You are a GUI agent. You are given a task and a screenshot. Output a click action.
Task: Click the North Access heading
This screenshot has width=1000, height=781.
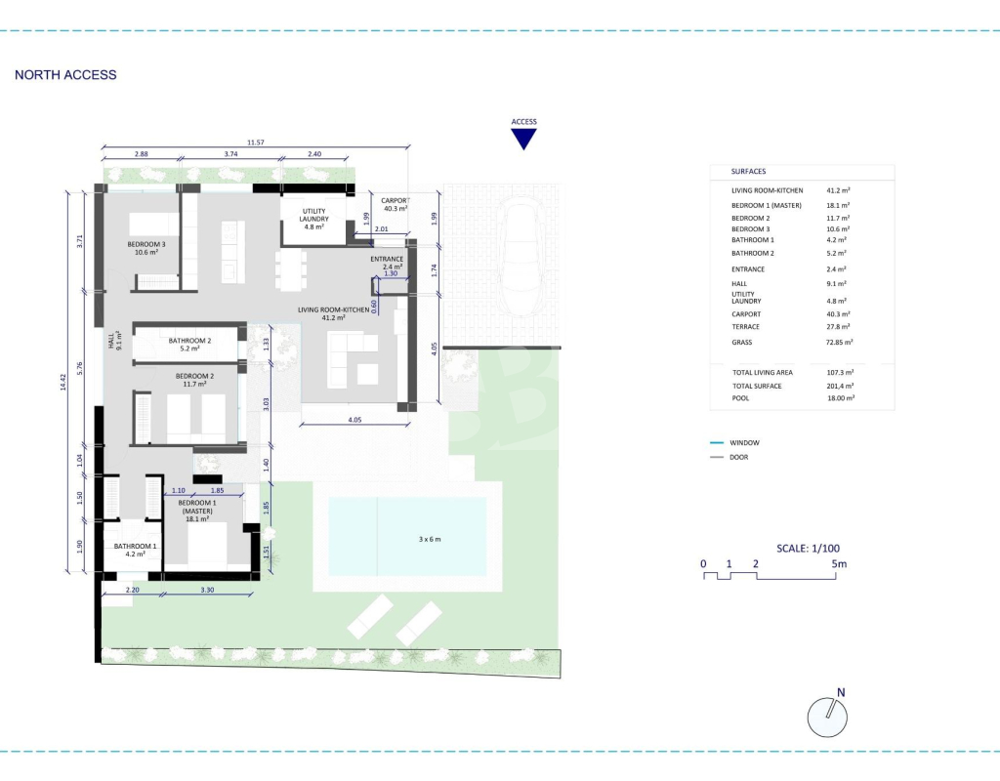pyautogui.click(x=65, y=74)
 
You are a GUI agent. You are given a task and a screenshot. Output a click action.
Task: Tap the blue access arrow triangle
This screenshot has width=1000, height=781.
pyautogui.click(x=523, y=138)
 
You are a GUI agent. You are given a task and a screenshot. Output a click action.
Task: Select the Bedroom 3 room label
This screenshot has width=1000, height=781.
pyautogui.click(x=146, y=248)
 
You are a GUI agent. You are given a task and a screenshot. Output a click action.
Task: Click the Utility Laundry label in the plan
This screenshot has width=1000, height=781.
pyautogui.click(x=313, y=219)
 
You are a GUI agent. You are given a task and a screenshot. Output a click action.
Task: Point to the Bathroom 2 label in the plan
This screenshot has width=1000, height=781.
pyautogui.click(x=189, y=345)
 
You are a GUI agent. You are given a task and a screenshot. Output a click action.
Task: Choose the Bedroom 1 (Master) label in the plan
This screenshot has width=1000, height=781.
pyautogui.click(x=197, y=511)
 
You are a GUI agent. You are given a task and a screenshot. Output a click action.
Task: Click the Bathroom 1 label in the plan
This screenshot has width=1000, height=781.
pyautogui.click(x=135, y=550)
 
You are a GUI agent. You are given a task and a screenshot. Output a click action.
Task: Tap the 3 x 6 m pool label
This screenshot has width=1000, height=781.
pyautogui.click(x=430, y=539)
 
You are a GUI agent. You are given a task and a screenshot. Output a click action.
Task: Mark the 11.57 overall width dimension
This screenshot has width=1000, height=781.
pyautogui.click(x=256, y=143)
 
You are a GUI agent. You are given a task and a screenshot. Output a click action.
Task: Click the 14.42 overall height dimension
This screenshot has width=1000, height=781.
pyautogui.click(x=62, y=382)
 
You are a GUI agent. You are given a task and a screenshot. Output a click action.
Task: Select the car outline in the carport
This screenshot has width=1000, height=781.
pyautogui.click(x=521, y=255)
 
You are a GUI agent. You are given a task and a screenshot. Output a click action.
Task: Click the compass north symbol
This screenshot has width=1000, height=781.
pyautogui.click(x=828, y=715)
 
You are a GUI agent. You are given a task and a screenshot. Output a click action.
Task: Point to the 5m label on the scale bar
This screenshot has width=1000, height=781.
pyautogui.click(x=839, y=563)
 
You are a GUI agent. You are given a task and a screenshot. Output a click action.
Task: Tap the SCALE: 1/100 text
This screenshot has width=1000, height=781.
pyautogui.click(x=808, y=549)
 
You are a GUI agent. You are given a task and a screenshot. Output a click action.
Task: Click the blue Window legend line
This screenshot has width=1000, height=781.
pyautogui.click(x=717, y=442)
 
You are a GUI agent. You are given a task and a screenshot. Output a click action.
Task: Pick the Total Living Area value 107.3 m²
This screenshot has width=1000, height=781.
pyautogui.click(x=841, y=372)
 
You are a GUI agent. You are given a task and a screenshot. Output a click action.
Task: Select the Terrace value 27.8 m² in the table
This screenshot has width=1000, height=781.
pyautogui.click(x=838, y=326)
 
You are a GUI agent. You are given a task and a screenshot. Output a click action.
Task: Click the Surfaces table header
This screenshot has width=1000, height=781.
pyautogui.click(x=749, y=172)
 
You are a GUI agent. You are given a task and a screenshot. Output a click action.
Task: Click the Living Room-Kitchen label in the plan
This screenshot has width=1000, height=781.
pyautogui.click(x=334, y=313)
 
